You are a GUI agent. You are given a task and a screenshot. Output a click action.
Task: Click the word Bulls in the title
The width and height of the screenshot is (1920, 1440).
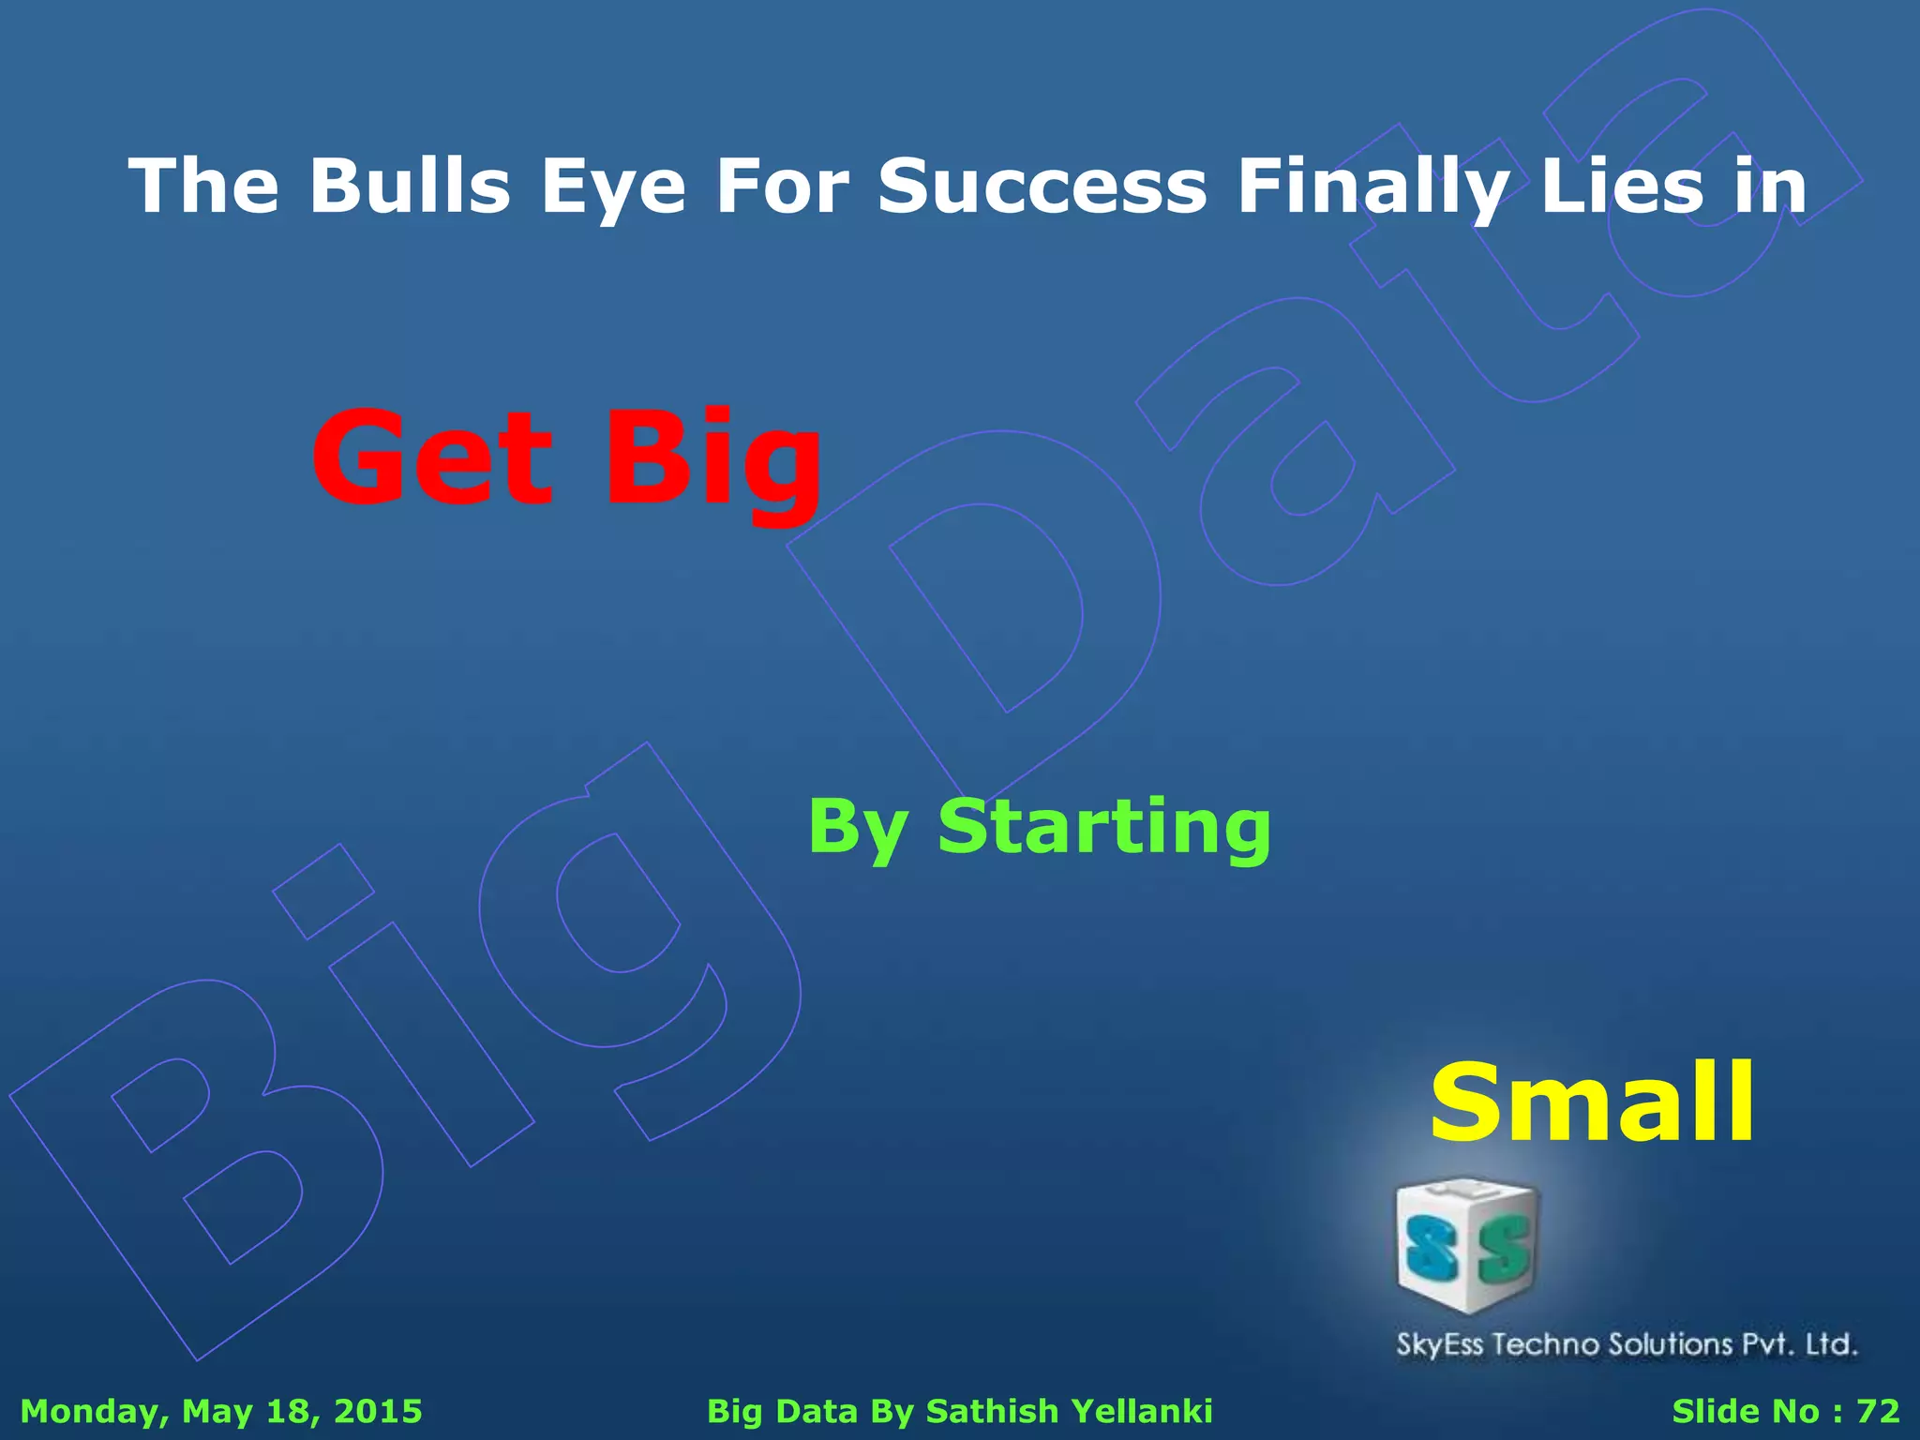point(410,186)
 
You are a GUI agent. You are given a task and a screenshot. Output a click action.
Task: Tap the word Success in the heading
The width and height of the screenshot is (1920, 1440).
point(1042,186)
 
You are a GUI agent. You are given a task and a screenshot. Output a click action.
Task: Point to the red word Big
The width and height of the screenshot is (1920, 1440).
point(712,459)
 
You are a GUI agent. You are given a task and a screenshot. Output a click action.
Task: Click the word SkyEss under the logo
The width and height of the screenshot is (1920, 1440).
point(1440,1344)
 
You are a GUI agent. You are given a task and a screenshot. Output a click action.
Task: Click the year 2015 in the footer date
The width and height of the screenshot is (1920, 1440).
point(378,1411)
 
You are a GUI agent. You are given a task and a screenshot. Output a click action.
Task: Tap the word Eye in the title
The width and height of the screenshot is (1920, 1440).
point(613,186)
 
